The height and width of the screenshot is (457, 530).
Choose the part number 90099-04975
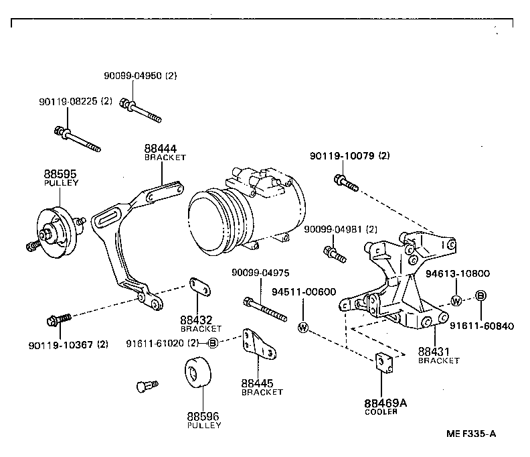coord(260,273)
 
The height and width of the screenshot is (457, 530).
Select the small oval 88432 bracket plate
coord(199,286)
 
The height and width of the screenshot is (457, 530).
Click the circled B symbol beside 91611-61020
coord(212,343)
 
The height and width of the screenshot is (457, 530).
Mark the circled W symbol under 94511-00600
coord(303,327)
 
